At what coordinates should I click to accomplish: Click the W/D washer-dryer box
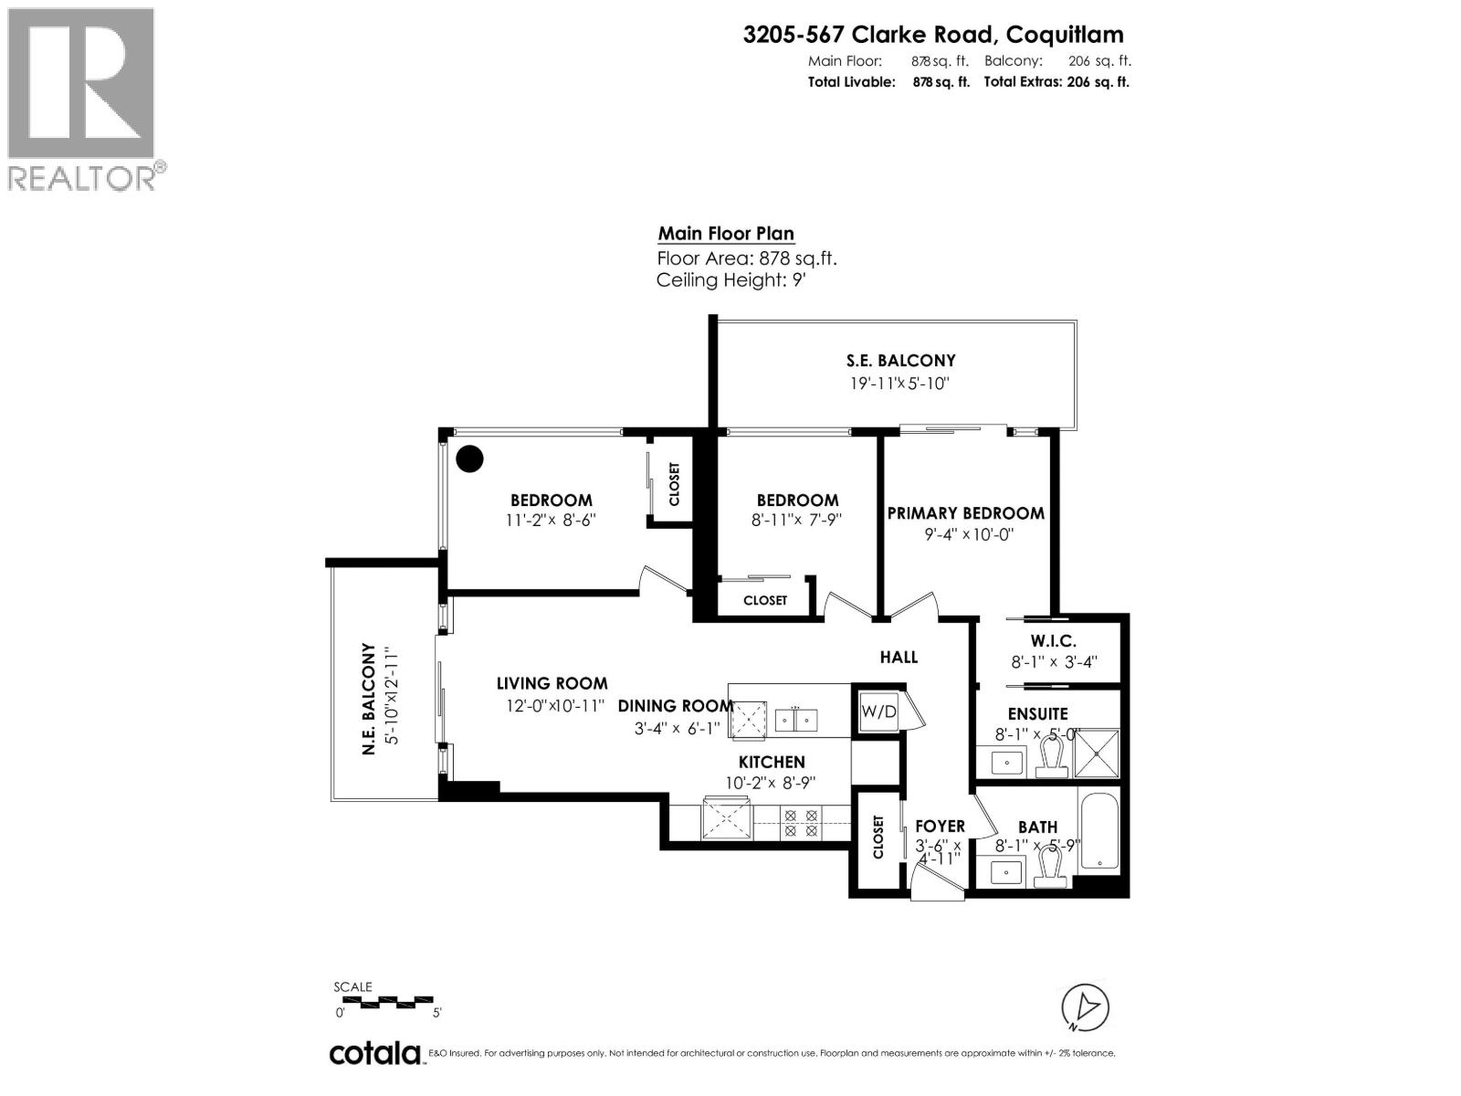(878, 710)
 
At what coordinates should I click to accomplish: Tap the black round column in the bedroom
(469, 458)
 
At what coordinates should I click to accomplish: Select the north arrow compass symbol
(1086, 1007)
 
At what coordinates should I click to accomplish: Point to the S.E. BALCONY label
(900, 361)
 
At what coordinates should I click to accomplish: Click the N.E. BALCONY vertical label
(370, 699)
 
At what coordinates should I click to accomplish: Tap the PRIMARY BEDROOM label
(965, 513)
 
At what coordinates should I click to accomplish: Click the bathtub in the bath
(1098, 830)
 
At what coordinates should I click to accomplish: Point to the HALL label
(899, 657)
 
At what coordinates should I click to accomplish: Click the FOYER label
(940, 827)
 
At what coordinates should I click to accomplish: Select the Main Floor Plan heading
(726, 234)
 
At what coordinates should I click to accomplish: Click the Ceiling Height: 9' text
(730, 280)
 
